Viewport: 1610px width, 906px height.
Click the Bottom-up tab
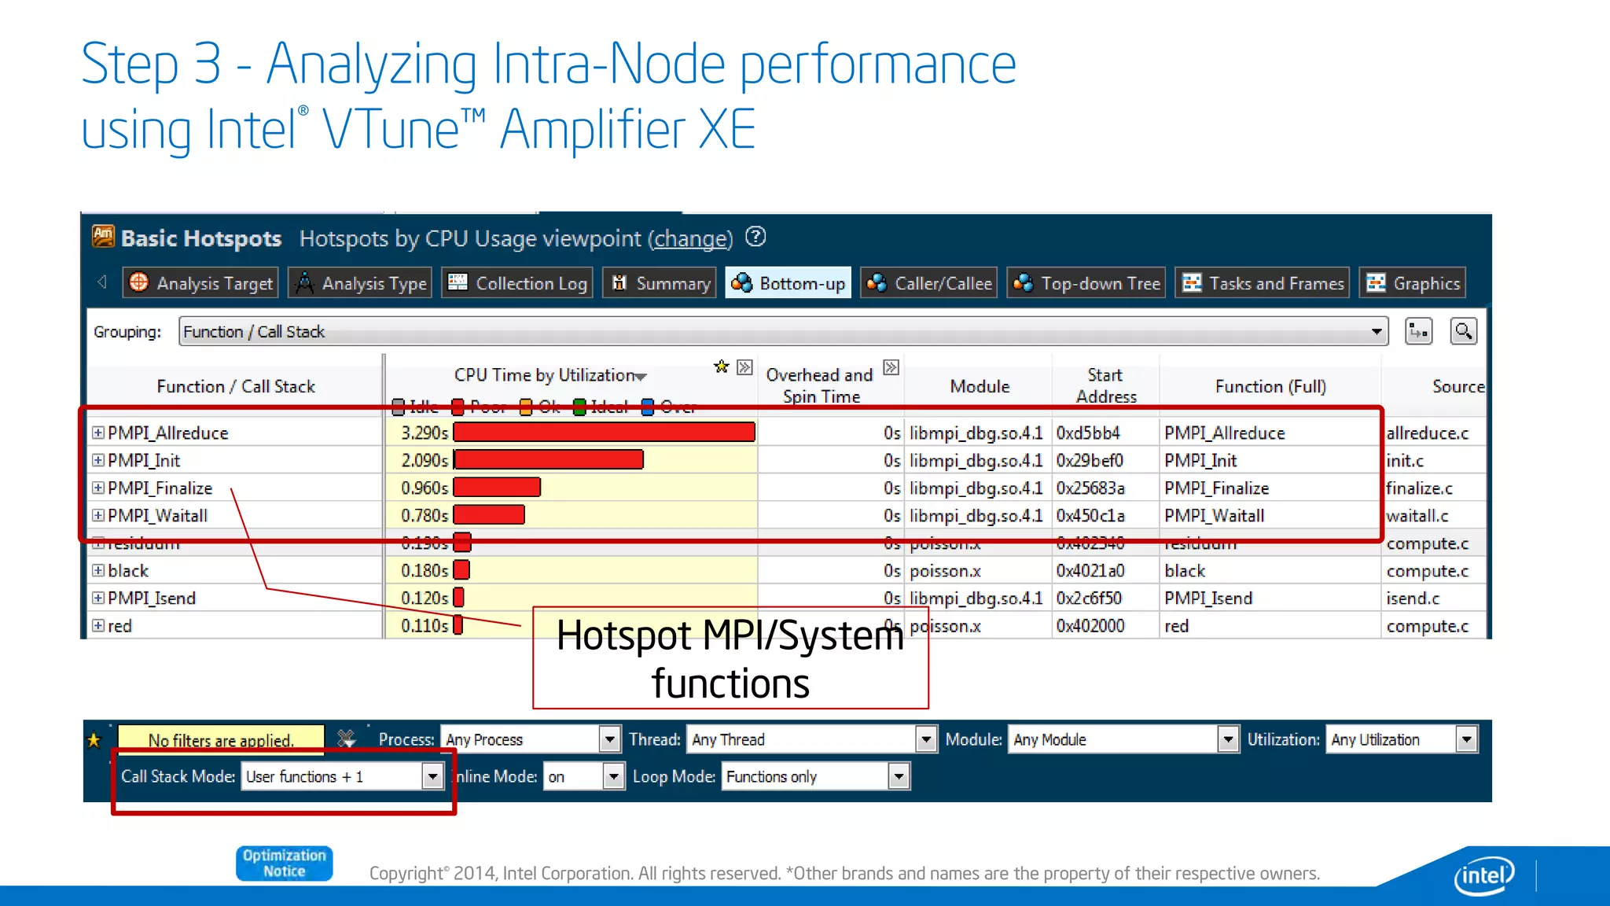[x=788, y=283]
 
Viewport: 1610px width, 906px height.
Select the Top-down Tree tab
[x=1086, y=283]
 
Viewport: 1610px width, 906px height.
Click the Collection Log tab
[x=518, y=283]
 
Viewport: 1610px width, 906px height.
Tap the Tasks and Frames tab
[x=1263, y=283]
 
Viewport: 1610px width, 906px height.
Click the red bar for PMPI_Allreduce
[x=604, y=433]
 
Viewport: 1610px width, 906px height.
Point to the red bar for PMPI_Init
[x=549, y=460]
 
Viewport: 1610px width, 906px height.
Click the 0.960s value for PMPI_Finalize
[x=424, y=488]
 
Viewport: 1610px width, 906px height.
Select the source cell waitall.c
[x=1417, y=516]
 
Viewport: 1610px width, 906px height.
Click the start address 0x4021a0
[x=1090, y=571]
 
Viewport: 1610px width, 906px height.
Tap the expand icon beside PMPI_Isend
[x=98, y=598]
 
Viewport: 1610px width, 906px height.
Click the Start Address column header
[x=1105, y=385]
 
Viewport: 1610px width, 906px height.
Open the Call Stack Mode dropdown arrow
[x=432, y=777]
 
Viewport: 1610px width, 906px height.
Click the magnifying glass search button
[x=1463, y=332]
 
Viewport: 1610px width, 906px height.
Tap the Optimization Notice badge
[x=284, y=864]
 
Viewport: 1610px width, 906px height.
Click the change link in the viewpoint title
[x=690, y=239]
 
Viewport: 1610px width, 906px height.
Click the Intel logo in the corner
[x=1483, y=875]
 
